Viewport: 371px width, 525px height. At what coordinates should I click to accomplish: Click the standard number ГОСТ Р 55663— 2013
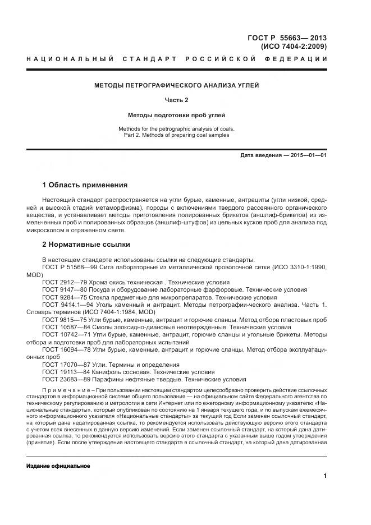287,38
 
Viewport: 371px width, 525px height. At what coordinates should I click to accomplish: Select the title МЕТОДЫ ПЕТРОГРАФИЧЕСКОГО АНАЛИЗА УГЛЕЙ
176,85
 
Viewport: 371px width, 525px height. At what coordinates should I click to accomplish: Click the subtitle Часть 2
176,100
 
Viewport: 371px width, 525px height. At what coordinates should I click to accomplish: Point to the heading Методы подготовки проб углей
176,115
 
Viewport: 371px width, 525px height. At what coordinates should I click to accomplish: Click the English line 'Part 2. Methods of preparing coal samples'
176,135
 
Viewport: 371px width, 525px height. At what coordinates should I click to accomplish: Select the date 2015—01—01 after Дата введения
309,155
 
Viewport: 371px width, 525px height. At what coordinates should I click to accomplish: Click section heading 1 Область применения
85,185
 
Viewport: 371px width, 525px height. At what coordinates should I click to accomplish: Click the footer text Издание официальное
58,466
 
